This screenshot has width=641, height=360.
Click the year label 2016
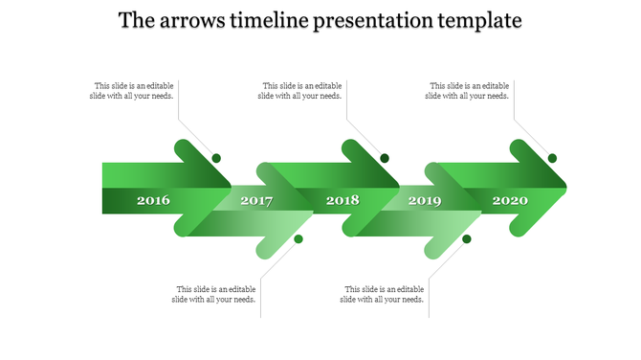click(153, 201)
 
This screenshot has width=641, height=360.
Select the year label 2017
click(256, 201)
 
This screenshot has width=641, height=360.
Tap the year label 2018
click(343, 201)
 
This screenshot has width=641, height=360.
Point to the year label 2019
click(425, 201)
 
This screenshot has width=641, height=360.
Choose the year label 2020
click(510, 201)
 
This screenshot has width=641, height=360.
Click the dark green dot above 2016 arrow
click(217, 158)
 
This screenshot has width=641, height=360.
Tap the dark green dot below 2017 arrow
click(298, 238)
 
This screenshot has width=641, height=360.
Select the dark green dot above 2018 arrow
click(385, 158)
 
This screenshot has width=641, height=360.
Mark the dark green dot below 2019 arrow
click(467, 238)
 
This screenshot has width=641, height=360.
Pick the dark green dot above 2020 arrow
click(552, 158)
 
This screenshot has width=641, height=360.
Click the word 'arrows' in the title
click(194, 20)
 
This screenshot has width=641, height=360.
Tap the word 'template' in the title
click(475, 20)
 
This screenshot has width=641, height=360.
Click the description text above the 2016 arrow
click(133, 91)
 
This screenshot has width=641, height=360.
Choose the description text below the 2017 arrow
click(215, 295)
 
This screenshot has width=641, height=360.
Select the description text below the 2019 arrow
click(384, 295)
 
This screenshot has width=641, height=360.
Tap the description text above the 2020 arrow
click(468, 91)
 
